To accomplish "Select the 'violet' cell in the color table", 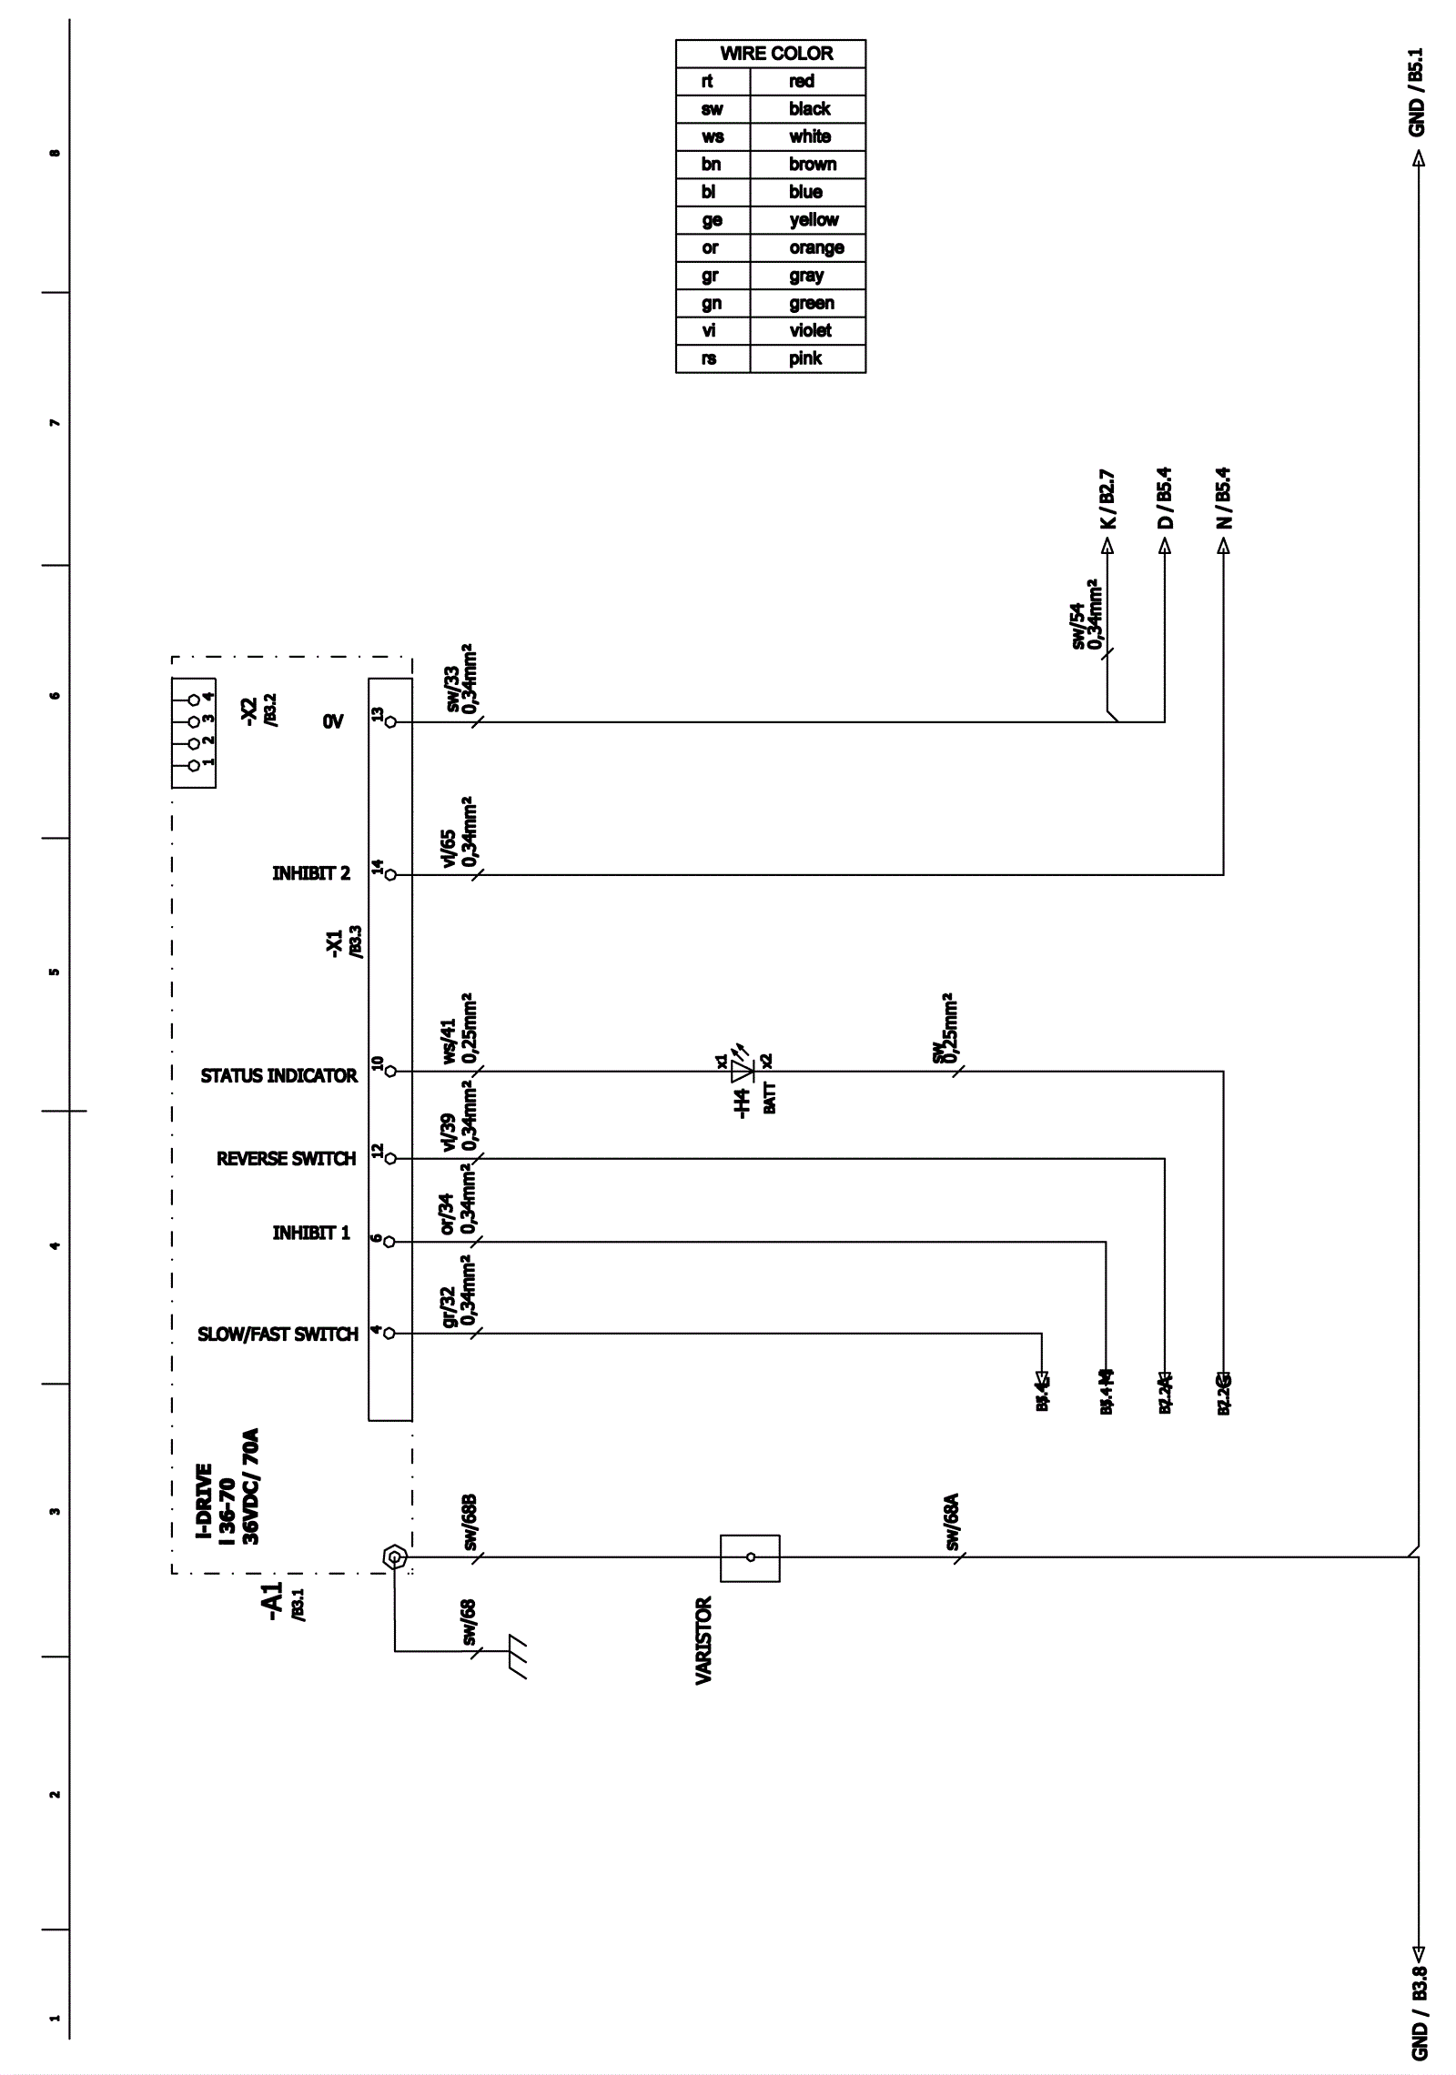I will click(x=809, y=330).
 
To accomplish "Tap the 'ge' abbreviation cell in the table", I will click(x=712, y=219).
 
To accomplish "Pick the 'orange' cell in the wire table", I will click(x=815, y=247).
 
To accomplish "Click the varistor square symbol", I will click(x=750, y=1557).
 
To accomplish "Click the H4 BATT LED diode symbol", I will click(x=743, y=1071).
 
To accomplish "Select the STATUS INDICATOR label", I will click(x=278, y=1075).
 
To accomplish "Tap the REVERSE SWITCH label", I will click(x=286, y=1158).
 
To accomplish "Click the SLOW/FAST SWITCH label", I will click(x=278, y=1334).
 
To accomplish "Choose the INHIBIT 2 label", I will click(x=310, y=873).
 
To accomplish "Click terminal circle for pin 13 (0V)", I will click(x=391, y=722).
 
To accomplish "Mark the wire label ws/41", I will click(x=449, y=1041).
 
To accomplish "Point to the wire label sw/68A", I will click(x=952, y=1521).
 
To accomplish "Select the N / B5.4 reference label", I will click(x=1224, y=498).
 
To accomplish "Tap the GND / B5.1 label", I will click(x=1417, y=92).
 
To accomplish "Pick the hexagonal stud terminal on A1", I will click(x=395, y=1557).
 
